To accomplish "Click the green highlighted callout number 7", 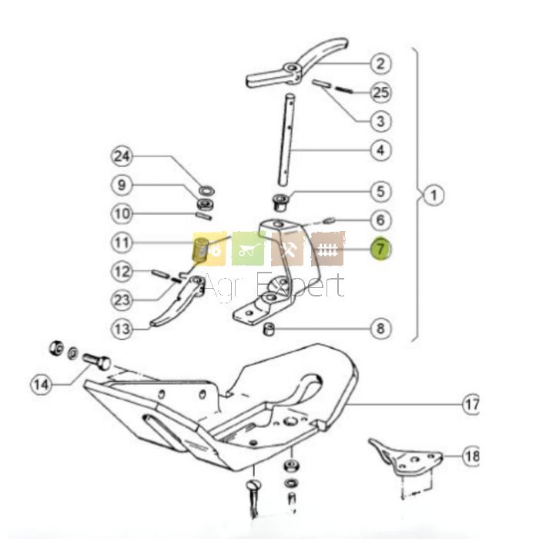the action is click(x=380, y=248).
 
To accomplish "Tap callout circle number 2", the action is click(x=380, y=64).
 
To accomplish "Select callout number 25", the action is click(x=380, y=92).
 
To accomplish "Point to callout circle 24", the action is click(x=122, y=157).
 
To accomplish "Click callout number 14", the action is click(x=42, y=384).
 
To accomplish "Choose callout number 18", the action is click(x=471, y=456).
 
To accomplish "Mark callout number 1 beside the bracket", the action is click(x=433, y=196).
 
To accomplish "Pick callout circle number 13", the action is click(x=122, y=330).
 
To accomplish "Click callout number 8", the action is click(x=380, y=328).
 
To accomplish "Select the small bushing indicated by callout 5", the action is click(x=281, y=202).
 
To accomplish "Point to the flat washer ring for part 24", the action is click(x=207, y=190).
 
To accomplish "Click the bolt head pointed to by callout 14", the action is click(x=104, y=363).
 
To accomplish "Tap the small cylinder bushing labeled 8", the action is click(x=269, y=329).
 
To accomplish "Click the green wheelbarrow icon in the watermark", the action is click(x=249, y=249).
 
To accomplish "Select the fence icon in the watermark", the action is click(x=327, y=249).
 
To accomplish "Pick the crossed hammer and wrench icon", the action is click(x=287, y=249).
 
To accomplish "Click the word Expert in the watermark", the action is click(x=300, y=285).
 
